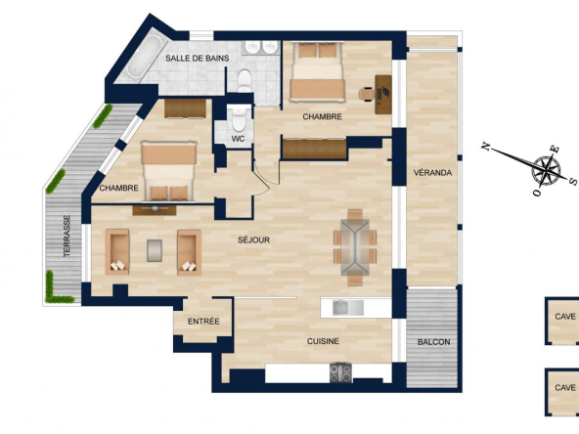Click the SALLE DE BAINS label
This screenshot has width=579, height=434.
pyautogui.click(x=198, y=58)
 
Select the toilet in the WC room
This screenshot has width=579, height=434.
pyautogui.click(x=239, y=119)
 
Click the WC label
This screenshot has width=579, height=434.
pyautogui.click(x=239, y=139)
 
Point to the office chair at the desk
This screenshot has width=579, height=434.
pyautogui.click(x=367, y=94)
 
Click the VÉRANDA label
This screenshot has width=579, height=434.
pyautogui.click(x=432, y=173)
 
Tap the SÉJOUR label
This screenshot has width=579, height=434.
pyautogui.click(x=253, y=239)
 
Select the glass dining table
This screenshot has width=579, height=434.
pyautogui.click(x=355, y=247)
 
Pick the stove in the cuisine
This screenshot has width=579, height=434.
pyautogui.click(x=340, y=372)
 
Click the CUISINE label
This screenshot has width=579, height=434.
pyautogui.click(x=323, y=341)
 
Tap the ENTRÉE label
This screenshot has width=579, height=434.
pyautogui.click(x=203, y=322)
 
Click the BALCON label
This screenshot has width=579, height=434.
pyautogui.click(x=434, y=342)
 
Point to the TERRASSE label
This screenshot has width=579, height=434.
pyautogui.click(x=67, y=237)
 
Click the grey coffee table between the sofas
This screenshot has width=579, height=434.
pyautogui.click(x=155, y=250)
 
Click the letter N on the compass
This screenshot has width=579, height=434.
pyautogui.click(x=486, y=147)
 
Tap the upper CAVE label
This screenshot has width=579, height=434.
pyautogui.click(x=565, y=317)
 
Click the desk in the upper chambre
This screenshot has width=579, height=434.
pyautogui.click(x=383, y=95)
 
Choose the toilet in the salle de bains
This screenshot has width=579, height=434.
pyautogui.click(x=245, y=80)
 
